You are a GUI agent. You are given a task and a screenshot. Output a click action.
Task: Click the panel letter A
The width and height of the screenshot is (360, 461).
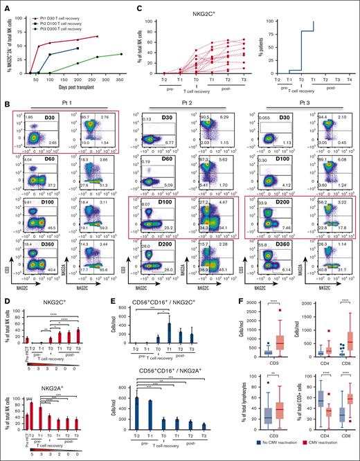tap(4, 5)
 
